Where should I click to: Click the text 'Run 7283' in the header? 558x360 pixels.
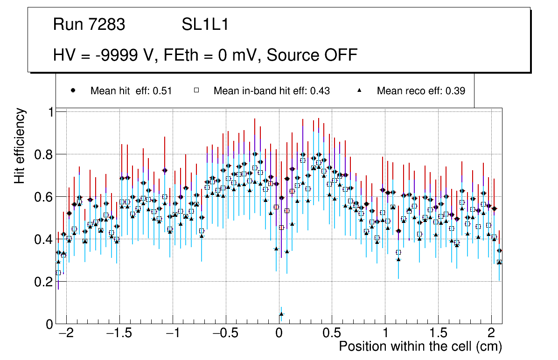tap(89, 25)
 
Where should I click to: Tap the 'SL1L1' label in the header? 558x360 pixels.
tap(205, 25)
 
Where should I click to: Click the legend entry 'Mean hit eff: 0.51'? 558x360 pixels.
tap(131, 91)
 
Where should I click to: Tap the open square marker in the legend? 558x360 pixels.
tap(197, 91)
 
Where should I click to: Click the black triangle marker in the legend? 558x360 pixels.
tap(360, 91)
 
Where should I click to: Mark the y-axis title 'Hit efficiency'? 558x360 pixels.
tap(20, 145)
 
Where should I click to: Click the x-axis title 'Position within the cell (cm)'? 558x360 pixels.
tap(420, 346)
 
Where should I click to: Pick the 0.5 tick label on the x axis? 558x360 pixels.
tap(332, 334)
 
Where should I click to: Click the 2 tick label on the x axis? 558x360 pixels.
tap(491, 334)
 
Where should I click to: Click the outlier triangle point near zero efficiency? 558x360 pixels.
tap(281, 314)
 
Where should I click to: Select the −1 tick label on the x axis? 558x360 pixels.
tap(173, 334)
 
